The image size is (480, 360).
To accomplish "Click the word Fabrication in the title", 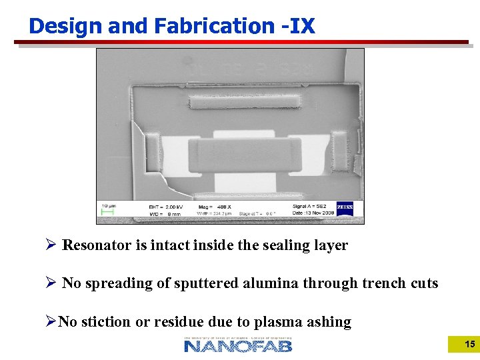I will click(x=208, y=26).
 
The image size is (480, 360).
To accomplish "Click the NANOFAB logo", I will click(x=238, y=345).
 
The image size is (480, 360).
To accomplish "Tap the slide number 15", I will click(x=469, y=344).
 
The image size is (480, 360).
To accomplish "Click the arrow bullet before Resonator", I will click(x=49, y=245).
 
